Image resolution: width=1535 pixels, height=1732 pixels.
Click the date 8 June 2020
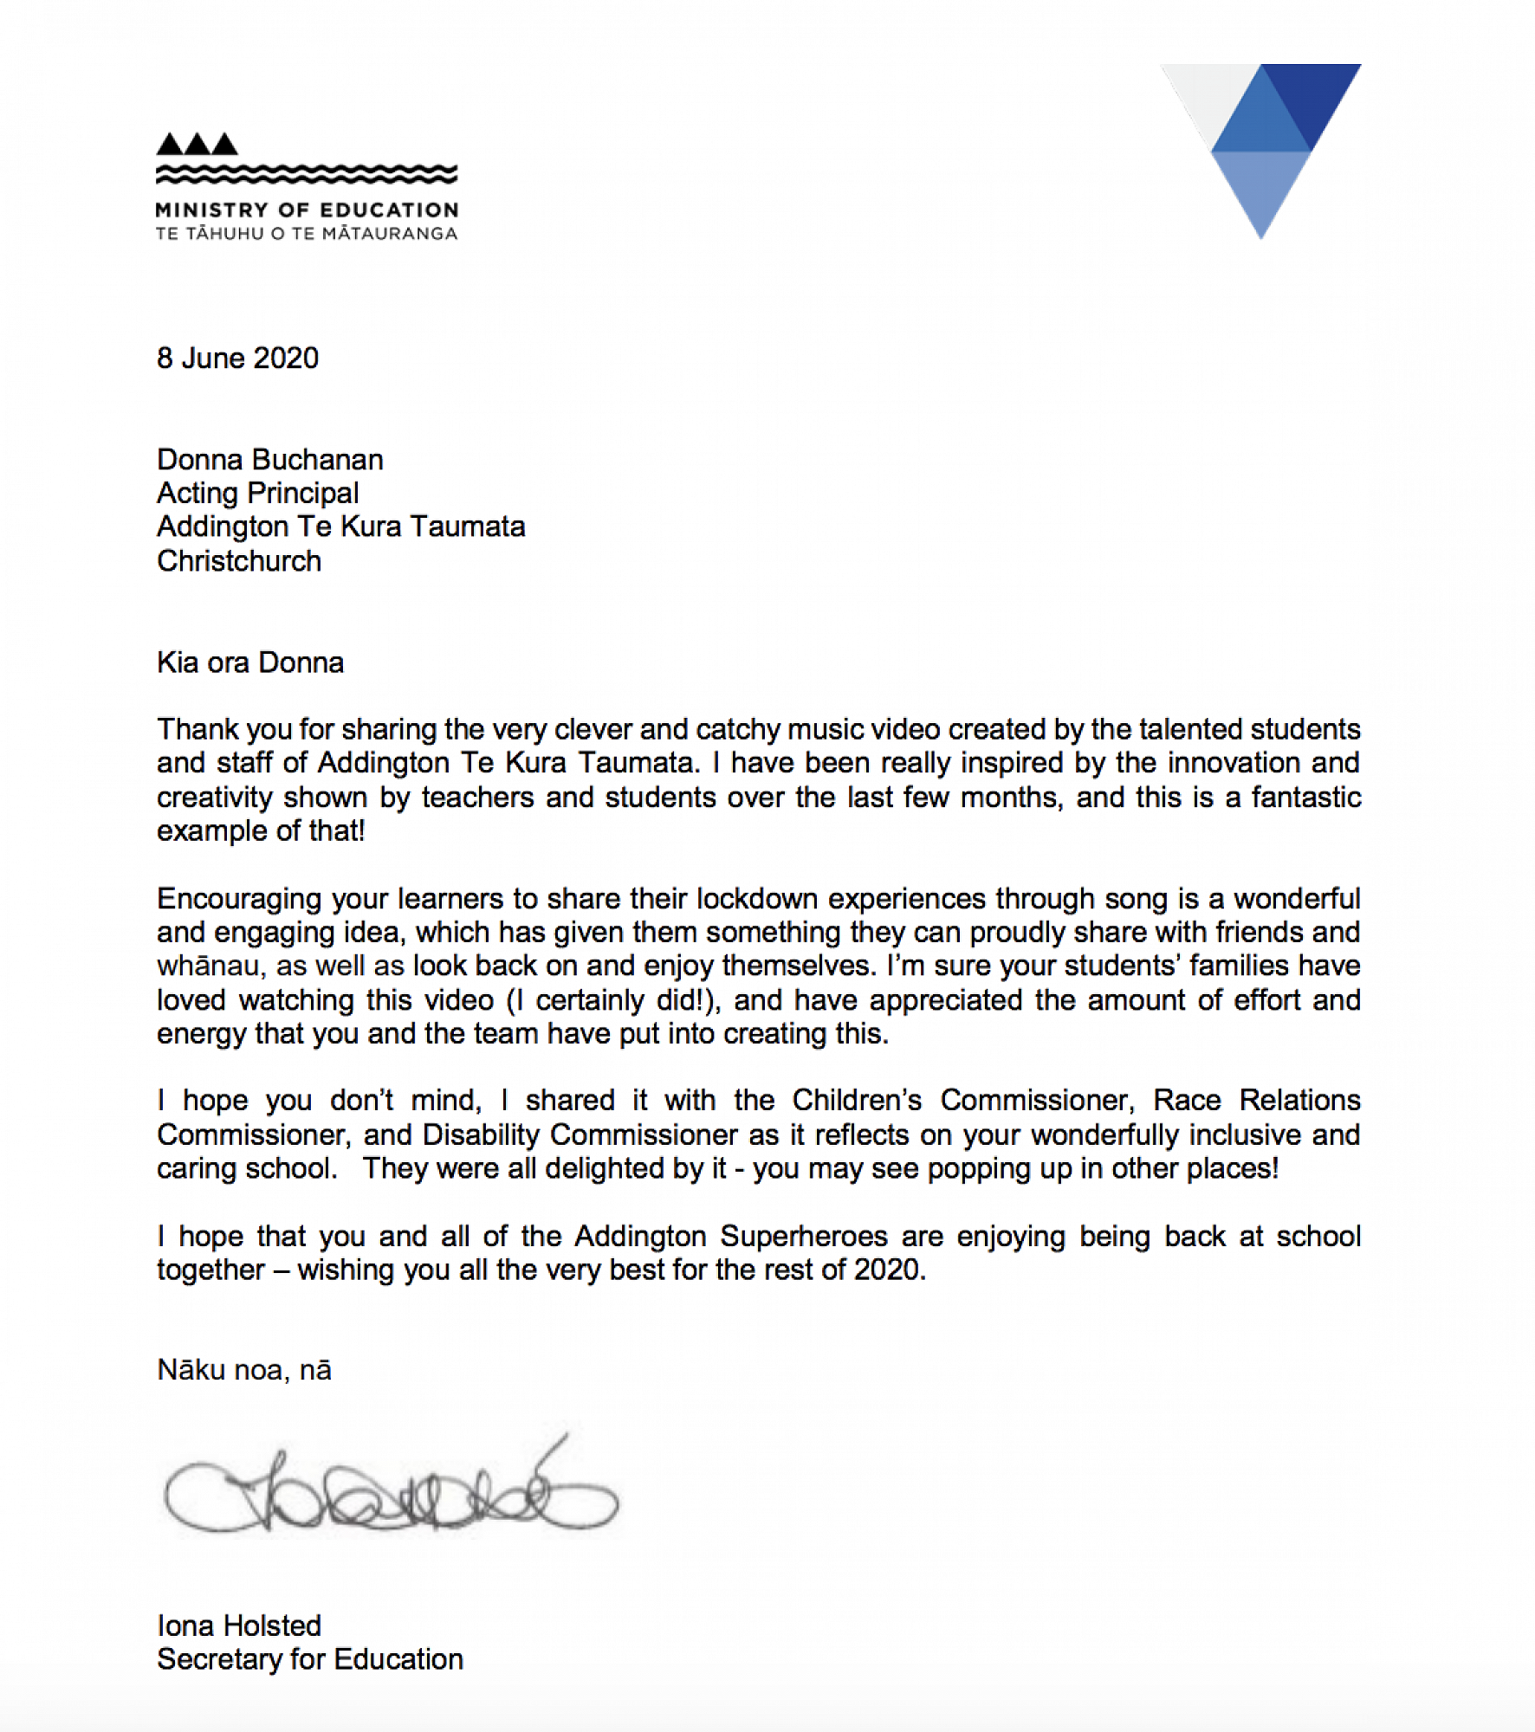point(237,358)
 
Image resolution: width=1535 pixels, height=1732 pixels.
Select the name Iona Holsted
point(239,1625)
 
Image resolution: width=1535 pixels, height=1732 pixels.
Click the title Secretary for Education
point(309,1658)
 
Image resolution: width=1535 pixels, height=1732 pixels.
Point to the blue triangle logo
point(1261,147)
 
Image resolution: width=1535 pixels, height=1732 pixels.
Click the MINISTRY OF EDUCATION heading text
point(307,210)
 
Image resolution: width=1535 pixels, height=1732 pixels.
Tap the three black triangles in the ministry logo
point(197,144)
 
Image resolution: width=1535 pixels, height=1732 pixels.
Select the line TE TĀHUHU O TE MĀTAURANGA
point(307,233)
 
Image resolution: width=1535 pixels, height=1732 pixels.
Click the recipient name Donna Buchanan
point(269,459)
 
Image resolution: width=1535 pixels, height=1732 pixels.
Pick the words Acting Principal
point(257,493)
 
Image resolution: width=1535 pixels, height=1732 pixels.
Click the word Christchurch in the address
point(239,560)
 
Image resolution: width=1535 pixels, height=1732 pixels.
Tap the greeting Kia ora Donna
point(250,662)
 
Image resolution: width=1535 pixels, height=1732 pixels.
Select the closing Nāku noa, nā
point(244,1369)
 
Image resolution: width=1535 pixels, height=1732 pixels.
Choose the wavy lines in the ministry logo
point(307,174)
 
